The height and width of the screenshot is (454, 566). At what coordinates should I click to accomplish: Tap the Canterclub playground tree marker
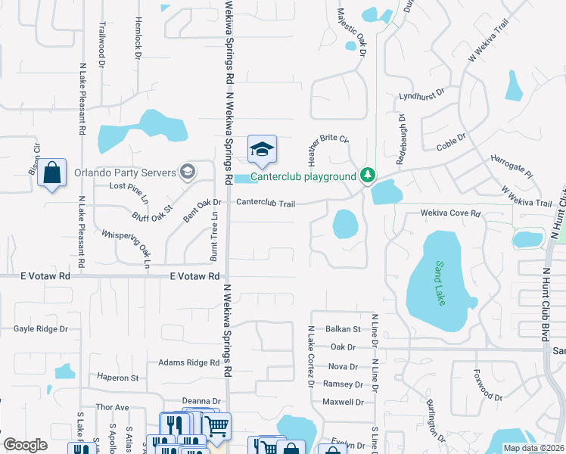pyautogui.click(x=368, y=176)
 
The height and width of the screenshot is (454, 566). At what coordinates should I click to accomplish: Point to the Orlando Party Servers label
pyautogui.click(x=125, y=171)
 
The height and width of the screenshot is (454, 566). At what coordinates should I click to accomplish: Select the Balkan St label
pyautogui.click(x=343, y=329)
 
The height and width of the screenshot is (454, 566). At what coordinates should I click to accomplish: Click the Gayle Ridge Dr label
pyautogui.click(x=41, y=329)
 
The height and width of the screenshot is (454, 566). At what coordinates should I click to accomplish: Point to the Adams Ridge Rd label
pyautogui.click(x=188, y=362)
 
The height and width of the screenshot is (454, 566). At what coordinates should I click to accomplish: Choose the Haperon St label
pyautogui.click(x=117, y=377)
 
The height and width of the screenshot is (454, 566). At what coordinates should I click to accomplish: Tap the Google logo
pyautogui.click(x=25, y=446)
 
